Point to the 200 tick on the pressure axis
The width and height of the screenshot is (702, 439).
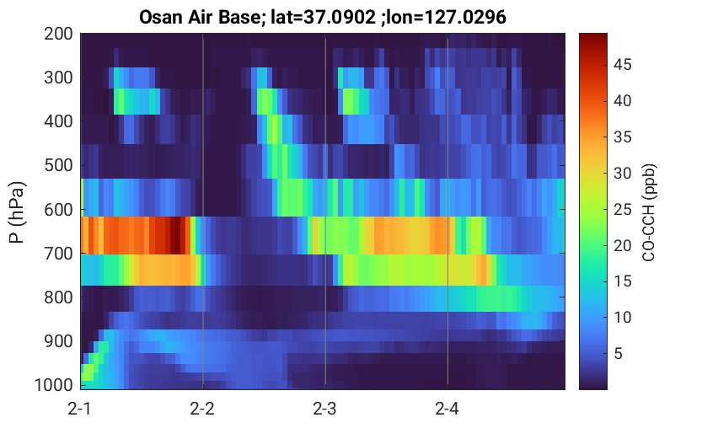click(x=58, y=34)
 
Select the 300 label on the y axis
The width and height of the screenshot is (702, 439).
click(x=58, y=78)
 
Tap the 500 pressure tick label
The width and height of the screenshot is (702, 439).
click(x=58, y=165)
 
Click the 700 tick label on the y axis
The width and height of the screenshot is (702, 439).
click(x=58, y=254)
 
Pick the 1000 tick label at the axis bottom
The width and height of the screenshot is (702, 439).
click(x=53, y=385)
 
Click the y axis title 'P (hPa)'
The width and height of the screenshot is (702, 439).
click(x=17, y=212)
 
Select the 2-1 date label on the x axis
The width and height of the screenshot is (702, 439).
click(x=80, y=409)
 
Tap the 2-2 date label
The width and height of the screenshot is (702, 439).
click(x=202, y=409)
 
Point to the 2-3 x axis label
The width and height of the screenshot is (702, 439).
click(x=324, y=409)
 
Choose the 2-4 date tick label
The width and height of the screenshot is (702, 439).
click(x=447, y=409)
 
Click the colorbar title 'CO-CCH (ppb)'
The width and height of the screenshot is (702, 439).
click(x=649, y=212)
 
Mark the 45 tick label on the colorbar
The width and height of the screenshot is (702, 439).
click(x=622, y=65)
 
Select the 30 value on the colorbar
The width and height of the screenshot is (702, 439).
click(x=622, y=174)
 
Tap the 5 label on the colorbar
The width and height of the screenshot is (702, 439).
click(x=618, y=354)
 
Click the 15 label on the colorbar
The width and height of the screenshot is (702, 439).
click(x=622, y=281)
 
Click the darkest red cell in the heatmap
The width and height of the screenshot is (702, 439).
click(x=175, y=235)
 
